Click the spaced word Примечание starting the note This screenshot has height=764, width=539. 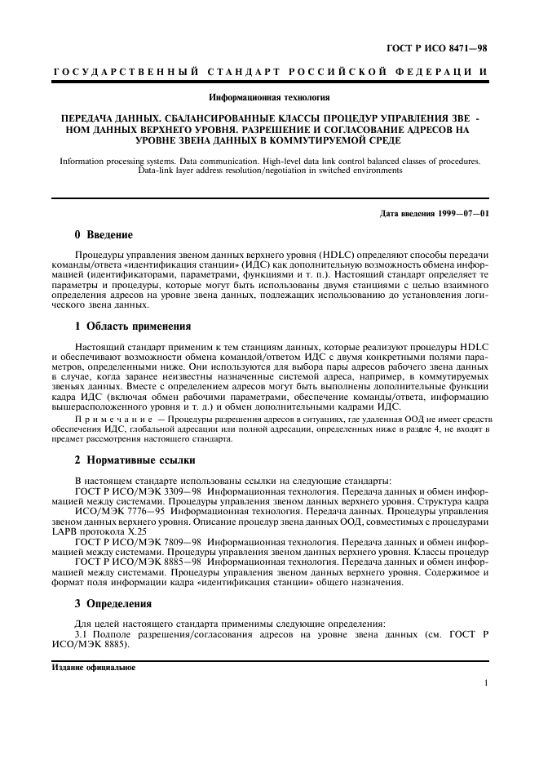(x=110, y=420)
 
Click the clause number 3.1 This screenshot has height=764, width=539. (x=82, y=635)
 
